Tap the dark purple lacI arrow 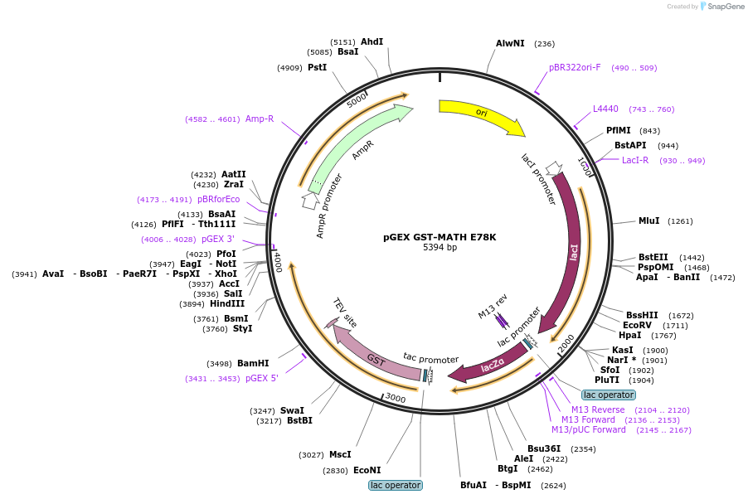click(569, 253)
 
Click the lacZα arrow click(492, 365)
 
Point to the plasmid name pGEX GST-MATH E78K click(440, 237)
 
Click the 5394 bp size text click(440, 247)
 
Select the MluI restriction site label click(648, 220)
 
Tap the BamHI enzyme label click(253, 364)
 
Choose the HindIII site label click(227, 304)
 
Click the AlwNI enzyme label click(510, 43)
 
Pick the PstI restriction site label click(318, 68)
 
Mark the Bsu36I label click(544, 449)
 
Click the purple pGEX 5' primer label click(262, 378)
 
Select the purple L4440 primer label click(605, 109)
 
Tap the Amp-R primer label click(260, 119)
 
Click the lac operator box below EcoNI click(396, 485)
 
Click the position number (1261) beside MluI click(680, 221)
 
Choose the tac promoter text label click(430, 359)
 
